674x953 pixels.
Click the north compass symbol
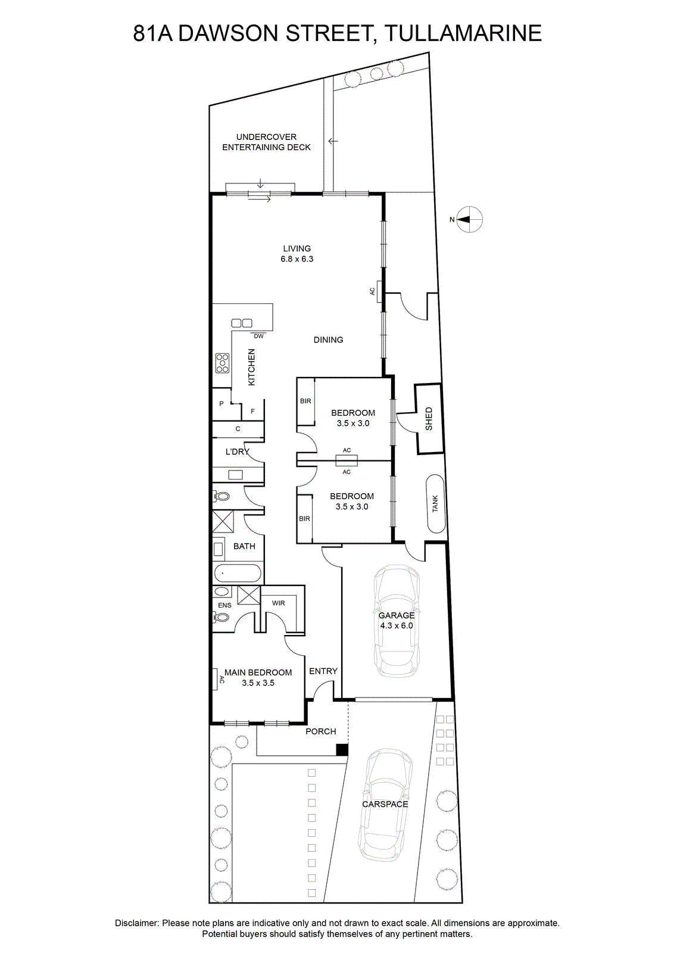coord(469,219)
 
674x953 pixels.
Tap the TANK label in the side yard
coord(435,504)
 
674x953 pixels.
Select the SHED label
coord(429,419)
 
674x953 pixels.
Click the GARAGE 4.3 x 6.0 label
coord(397,620)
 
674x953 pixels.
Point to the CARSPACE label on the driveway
coord(385,804)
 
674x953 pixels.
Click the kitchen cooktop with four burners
coord(222,363)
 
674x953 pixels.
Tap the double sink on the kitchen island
coord(242,323)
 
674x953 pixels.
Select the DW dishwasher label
coord(258,336)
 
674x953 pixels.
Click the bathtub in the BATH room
coord(238,574)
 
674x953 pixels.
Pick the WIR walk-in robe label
coord(279,603)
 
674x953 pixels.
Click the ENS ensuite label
coord(224,605)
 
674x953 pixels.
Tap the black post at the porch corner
coord(342,750)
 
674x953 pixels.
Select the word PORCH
coord(321,731)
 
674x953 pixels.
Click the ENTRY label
coord(323,671)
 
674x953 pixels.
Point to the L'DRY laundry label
coord(237,451)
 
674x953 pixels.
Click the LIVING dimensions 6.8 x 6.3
coord(297,259)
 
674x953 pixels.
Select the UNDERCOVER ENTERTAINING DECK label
coord(266,142)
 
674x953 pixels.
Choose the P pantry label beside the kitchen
coord(221,403)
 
